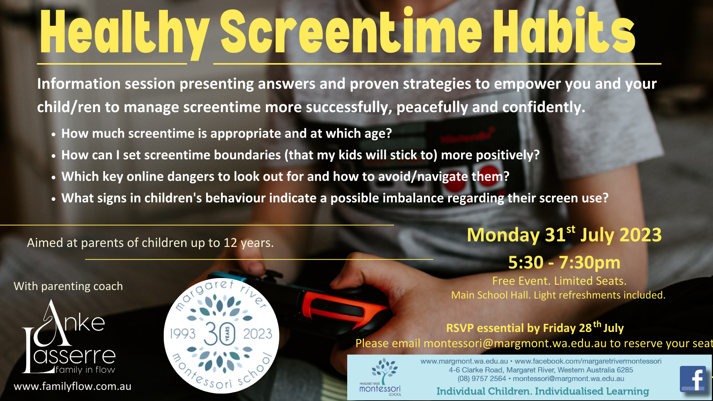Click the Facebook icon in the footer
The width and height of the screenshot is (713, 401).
click(x=693, y=379)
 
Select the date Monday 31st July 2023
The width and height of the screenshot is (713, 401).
click(x=564, y=235)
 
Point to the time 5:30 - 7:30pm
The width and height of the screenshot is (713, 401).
click(x=564, y=263)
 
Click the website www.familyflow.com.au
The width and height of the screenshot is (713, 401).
click(x=72, y=387)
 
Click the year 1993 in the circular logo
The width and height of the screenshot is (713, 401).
click(x=183, y=334)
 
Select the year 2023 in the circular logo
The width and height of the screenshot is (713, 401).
click(x=258, y=334)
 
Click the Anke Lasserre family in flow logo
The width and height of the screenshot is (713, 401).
click(x=69, y=338)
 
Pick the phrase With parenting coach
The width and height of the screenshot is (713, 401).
click(x=68, y=286)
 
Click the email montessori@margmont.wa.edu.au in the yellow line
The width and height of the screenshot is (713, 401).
click(x=515, y=343)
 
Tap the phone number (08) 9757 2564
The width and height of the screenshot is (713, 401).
click(x=482, y=379)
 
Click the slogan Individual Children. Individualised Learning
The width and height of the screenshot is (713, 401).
click(x=543, y=391)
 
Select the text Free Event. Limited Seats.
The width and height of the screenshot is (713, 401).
click(x=559, y=281)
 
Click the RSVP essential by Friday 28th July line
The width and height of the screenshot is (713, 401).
click(x=535, y=328)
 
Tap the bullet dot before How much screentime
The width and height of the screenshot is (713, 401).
click(x=54, y=134)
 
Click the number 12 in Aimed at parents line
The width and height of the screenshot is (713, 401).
click(x=230, y=243)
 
